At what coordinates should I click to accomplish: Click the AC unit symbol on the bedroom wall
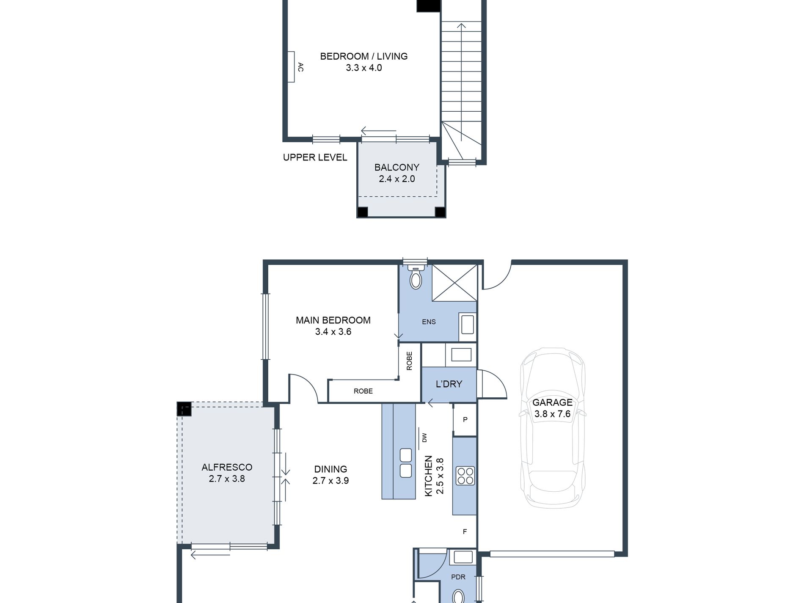(291, 67)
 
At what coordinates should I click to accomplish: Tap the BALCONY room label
(396, 167)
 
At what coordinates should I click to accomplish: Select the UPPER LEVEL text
(315, 157)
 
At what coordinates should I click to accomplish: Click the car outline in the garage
(553, 428)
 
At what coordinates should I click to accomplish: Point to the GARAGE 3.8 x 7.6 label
(552, 408)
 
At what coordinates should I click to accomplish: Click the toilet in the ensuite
(416, 277)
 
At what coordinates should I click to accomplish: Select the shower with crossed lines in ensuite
(454, 283)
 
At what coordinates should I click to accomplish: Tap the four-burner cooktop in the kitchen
(465, 475)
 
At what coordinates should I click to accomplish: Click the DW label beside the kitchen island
(424, 438)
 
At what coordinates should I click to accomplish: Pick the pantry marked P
(465, 419)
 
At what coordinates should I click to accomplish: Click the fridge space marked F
(465, 531)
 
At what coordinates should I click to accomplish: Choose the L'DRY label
(449, 384)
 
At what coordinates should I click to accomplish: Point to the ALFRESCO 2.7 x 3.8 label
(227, 473)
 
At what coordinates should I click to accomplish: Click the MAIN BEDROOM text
(333, 320)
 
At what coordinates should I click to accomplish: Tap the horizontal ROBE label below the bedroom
(363, 391)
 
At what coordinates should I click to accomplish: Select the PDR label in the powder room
(458, 577)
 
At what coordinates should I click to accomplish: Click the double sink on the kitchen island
(405, 463)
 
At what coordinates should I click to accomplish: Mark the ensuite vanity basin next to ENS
(468, 325)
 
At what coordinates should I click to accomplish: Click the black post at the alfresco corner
(184, 409)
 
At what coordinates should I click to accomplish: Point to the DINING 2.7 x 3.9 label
(330, 475)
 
